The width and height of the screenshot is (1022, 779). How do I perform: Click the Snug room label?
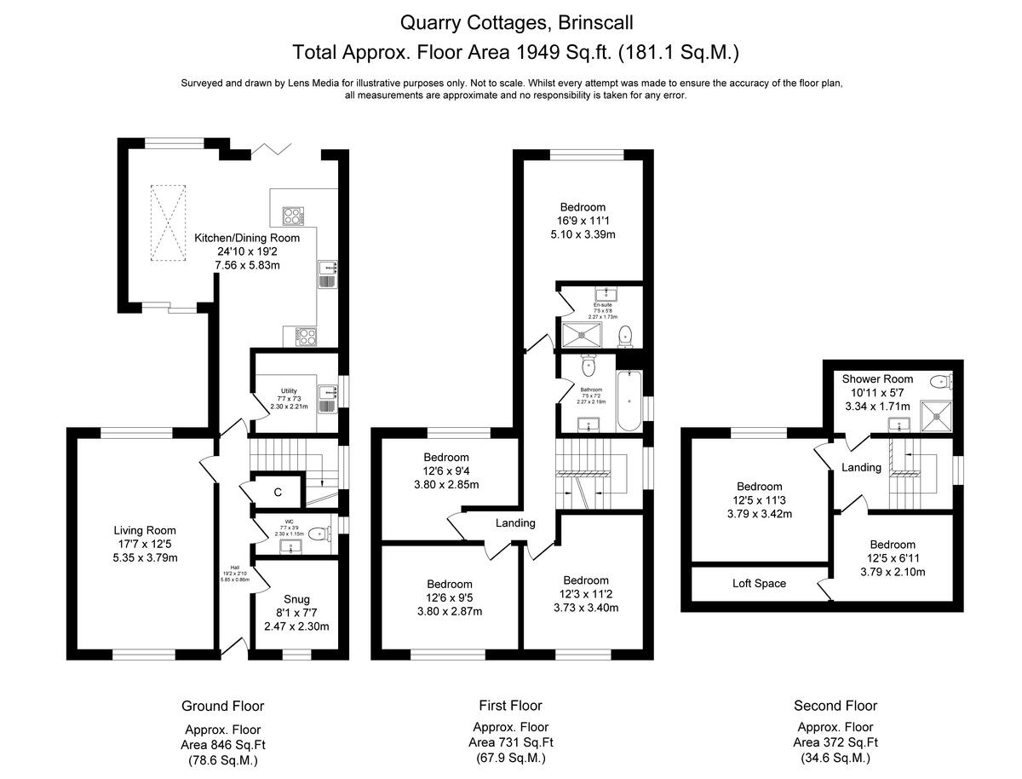coord(296,599)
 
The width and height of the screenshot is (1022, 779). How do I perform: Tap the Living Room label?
coord(146,530)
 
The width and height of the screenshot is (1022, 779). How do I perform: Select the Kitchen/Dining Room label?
coord(247,238)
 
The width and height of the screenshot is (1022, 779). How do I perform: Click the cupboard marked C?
coord(278,492)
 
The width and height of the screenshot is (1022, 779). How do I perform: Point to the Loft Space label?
coord(759,584)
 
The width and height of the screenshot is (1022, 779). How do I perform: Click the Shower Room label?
coord(877,378)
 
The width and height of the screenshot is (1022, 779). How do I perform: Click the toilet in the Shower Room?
coord(940,381)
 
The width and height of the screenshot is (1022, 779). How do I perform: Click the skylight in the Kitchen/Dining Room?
coord(167,222)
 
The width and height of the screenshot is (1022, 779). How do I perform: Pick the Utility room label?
coord(289,391)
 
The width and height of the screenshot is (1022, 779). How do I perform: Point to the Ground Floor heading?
coord(222,706)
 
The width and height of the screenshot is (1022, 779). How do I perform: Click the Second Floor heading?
coord(835,706)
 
